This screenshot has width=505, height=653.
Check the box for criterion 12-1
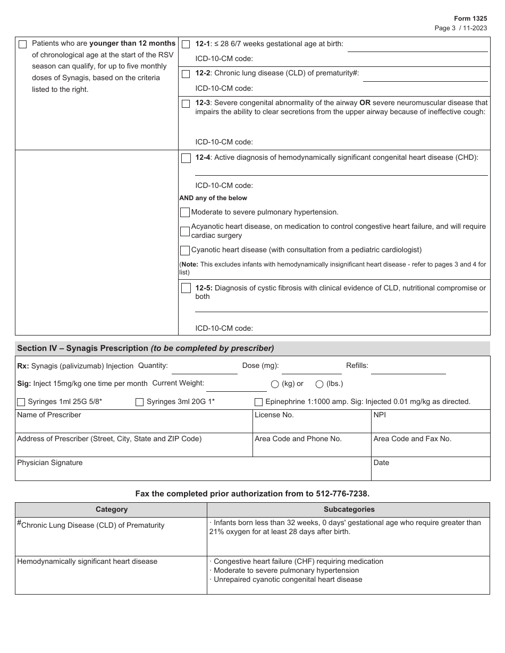[186, 45]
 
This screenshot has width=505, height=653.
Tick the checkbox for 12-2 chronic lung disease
[186, 74]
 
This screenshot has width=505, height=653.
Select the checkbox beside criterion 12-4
[186, 158]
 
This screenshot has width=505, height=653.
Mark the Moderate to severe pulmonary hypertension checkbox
[185, 212]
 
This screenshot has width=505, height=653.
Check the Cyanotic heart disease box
[185, 250]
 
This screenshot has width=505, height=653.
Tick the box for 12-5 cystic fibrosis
[186, 288]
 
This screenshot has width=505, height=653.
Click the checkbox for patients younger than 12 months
[22, 45]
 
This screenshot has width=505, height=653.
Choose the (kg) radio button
[275, 384]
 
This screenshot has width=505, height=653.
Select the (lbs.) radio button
[319, 384]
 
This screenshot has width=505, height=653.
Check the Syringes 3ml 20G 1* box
[139, 402]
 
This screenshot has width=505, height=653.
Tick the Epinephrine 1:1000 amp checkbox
[258, 402]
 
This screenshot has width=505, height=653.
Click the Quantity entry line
[204, 368]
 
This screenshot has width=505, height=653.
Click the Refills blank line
[408, 368]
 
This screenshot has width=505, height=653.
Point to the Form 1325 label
[470, 18]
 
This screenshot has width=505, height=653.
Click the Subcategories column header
[349, 510]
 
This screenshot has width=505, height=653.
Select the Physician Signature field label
[49, 463]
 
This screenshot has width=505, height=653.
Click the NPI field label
[380, 415]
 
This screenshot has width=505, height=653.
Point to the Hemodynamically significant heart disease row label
[87, 562]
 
